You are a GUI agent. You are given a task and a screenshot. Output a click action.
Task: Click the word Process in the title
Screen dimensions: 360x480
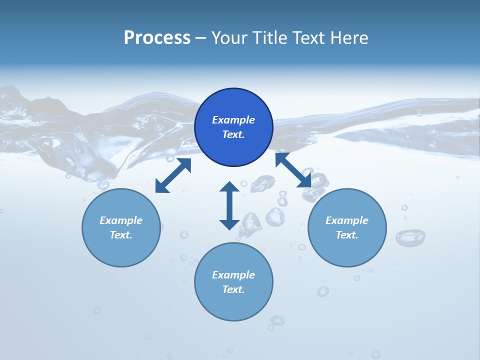pyautogui.click(x=157, y=37)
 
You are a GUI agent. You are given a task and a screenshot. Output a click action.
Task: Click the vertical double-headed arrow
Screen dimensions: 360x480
pyautogui.click(x=229, y=205)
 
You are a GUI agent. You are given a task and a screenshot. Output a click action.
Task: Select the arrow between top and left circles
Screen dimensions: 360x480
pyautogui.click(x=173, y=175)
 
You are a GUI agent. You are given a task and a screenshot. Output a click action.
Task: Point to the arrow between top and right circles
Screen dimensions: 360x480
pyautogui.click(x=293, y=170)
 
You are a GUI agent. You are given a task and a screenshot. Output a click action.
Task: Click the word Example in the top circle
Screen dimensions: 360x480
pyautogui.click(x=233, y=120)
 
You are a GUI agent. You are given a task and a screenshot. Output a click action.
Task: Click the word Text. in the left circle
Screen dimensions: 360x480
pyautogui.click(x=121, y=235)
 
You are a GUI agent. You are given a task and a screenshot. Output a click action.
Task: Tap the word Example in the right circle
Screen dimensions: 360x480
pyautogui.click(x=347, y=220)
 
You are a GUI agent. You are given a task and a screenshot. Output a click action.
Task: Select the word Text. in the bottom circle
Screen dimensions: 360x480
pyautogui.click(x=233, y=289)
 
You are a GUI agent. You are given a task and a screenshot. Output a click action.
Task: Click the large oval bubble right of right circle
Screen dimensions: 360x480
pyautogui.click(x=410, y=237)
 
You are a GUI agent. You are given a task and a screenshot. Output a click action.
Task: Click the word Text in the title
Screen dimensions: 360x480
pyautogui.click(x=309, y=37)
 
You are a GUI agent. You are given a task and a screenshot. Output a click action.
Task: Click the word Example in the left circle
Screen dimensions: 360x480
pyautogui.click(x=121, y=220)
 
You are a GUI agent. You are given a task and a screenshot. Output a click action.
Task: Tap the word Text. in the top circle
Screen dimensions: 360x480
pyautogui.click(x=233, y=134)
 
